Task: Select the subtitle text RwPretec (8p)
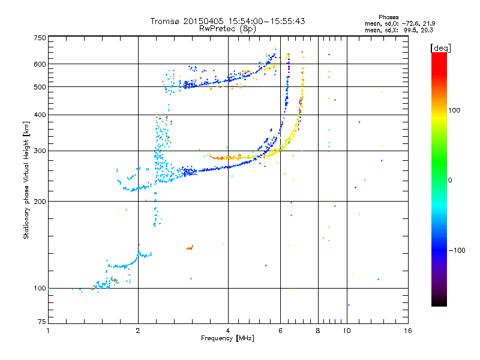(x=227, y=29)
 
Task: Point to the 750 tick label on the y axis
(x=40, y=38)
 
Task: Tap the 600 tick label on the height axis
(x=40, y=64)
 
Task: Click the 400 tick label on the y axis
(x=40, y=115)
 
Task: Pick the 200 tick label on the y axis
(x=40, y=202)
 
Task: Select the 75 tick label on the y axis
(x=42, y=322)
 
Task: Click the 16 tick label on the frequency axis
(x=408, y=331)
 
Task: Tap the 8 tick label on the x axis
(x=318, y=331)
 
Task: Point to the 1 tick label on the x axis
(x=48, y=331)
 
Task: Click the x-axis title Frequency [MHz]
(x=227, y=338)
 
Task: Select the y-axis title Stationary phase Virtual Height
(x=26, y=180)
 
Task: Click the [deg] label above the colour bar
(x=440, y=48)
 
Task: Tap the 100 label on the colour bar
(x=454, y=110)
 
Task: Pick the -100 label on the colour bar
(x=457, y=250)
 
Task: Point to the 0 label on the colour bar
(x=450, y=181)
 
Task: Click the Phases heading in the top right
(x=388, y=17)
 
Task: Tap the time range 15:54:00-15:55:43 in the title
(x=266, y=21)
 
